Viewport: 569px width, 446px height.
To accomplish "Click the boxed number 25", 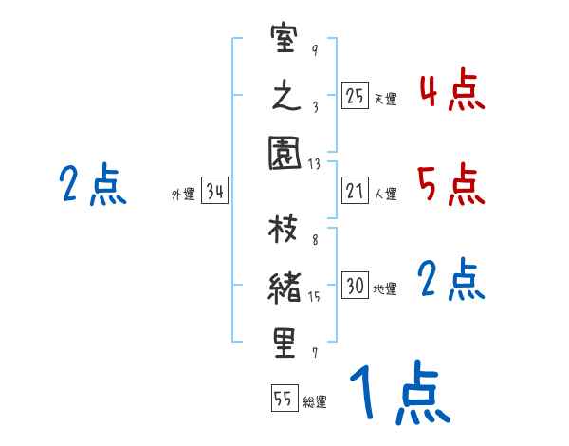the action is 355,95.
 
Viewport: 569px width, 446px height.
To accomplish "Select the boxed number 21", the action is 355,191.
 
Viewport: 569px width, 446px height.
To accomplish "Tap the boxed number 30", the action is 355,286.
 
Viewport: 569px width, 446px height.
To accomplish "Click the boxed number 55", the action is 284,400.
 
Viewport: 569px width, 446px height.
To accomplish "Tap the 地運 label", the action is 385,289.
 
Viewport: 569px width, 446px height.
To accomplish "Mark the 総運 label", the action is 315,402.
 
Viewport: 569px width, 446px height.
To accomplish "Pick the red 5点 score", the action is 451,184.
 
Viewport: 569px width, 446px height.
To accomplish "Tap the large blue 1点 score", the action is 398,394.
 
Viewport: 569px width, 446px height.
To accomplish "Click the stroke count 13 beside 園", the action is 314,164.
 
